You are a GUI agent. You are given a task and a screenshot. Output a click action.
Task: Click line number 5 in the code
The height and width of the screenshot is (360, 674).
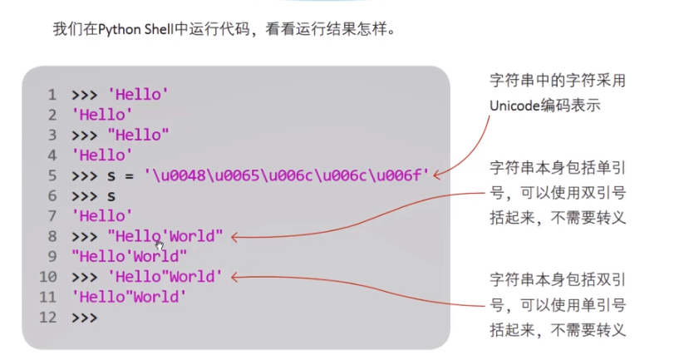coord(52,175)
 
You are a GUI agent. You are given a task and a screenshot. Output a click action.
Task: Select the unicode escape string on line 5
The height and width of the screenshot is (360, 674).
coord(286,175)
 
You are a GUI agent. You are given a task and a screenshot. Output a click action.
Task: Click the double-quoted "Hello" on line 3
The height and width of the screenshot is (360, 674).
coord(139,135)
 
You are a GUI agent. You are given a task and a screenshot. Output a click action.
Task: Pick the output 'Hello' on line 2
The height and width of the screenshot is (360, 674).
coord(102,115)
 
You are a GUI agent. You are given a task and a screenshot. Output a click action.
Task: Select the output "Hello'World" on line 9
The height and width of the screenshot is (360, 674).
coord(130,257)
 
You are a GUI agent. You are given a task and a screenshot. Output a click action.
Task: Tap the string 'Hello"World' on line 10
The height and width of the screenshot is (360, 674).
coord(165,277)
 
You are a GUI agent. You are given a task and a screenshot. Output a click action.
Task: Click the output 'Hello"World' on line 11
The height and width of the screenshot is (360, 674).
coord(130,297)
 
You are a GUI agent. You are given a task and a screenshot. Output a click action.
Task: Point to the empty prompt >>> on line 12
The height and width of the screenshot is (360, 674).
coord(85,318)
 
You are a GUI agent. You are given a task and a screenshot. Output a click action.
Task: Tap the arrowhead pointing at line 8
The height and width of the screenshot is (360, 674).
coord(234,238)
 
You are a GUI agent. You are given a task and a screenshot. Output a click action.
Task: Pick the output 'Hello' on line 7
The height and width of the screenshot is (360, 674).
coord(102,216)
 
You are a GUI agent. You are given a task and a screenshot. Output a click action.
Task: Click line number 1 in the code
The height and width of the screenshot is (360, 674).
coord(52,95)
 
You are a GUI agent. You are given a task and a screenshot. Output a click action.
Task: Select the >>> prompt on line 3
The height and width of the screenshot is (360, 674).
coord(85,135)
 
